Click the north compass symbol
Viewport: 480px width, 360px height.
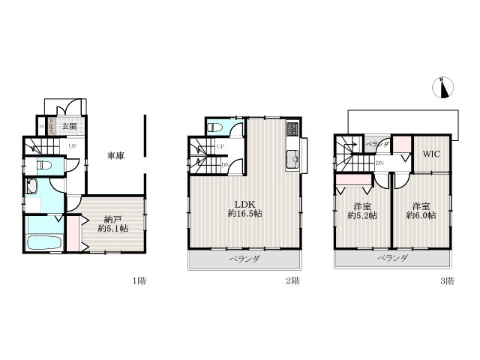point(442,88)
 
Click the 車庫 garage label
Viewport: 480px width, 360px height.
point(115,156)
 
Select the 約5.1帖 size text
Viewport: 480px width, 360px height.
point(115,229)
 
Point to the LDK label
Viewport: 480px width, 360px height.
point(244,203)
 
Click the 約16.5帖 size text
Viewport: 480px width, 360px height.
point(244,214)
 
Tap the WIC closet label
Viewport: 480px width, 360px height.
point(430,154)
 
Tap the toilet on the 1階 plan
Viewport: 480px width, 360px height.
point(44,165)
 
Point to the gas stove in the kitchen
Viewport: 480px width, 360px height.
point(291,134)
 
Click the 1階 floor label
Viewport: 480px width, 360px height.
point(139,281)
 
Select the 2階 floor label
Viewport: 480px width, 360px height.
point(292,281)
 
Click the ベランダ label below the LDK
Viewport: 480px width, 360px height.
point(244,259)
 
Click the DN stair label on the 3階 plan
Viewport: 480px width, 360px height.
point(380,163)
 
